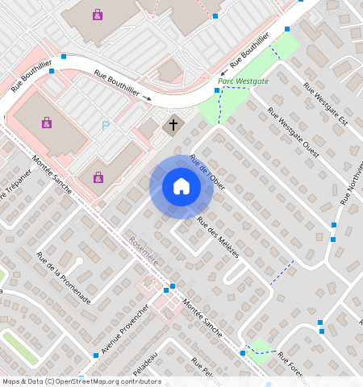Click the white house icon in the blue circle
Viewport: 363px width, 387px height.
tap(181, 186)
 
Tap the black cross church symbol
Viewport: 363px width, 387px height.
tap(173, 126)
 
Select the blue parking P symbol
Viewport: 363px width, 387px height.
tap(106, 126)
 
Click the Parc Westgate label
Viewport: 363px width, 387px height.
tap(243, 81)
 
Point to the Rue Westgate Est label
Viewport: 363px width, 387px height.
tap(326, 104)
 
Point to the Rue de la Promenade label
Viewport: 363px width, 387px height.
tap(63, 278)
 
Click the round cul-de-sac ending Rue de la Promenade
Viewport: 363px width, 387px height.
tap(79, 262)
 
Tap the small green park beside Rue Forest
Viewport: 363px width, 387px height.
tap(260, 348)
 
